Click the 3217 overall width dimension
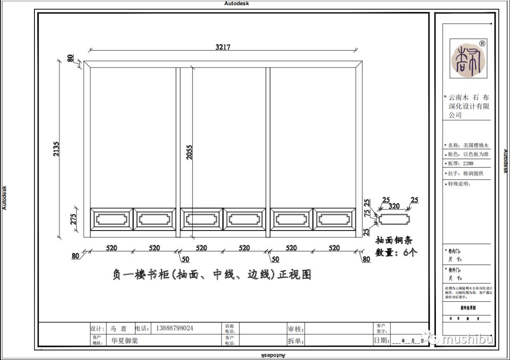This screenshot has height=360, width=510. (222, 47)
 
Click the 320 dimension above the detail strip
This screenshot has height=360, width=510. (393, 206)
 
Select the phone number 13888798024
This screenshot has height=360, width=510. (174, 328)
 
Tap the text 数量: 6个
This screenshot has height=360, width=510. (396, 252)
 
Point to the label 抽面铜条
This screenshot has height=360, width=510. (393, 240)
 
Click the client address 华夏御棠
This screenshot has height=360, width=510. (125, 340)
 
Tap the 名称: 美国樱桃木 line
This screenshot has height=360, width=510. (468, 146)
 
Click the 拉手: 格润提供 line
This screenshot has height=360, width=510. (466, 173)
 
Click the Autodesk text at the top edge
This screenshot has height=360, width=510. (237, 3)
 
